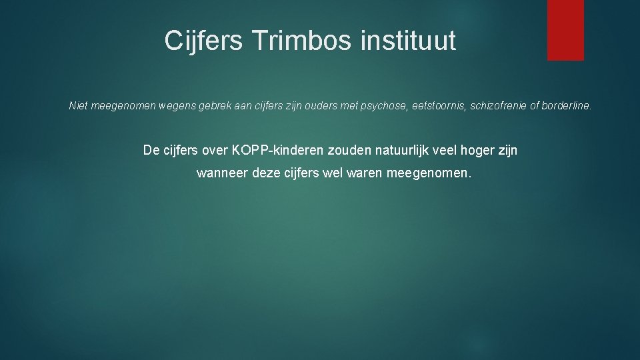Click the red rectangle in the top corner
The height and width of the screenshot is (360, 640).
click(x=565, y=30)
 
